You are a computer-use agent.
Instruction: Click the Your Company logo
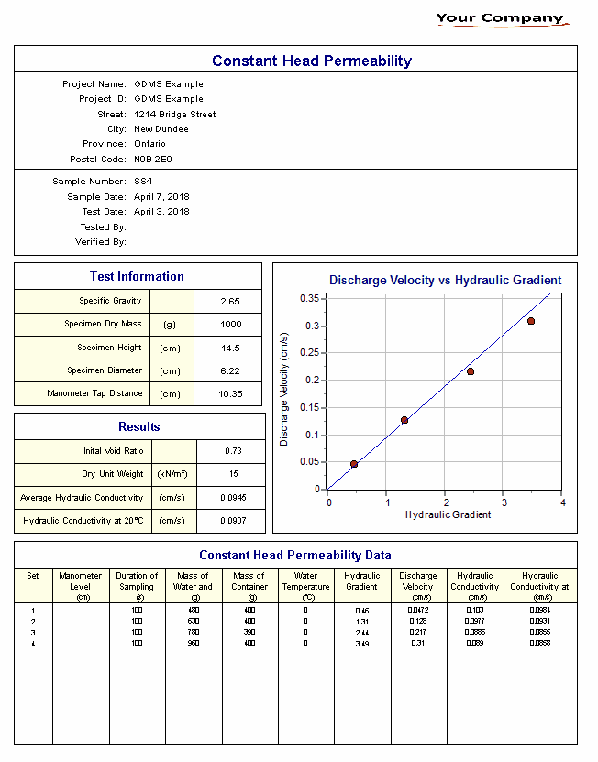pyautogui.click(x=501, y=18)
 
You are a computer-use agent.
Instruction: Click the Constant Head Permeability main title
pyautogui.click(x=312, y=61)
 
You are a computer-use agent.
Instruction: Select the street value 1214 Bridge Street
pyautogui.click(x=175, y=115)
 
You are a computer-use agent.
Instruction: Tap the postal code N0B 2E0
pyautogui.click(x=153, y=160)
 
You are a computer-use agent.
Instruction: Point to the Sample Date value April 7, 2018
pyautogui.click(x=162, y=197)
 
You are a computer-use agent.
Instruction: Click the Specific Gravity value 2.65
pyautogui.click(x=230, y=302)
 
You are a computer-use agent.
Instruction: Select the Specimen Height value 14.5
pyautogui.click(x=230, y=348)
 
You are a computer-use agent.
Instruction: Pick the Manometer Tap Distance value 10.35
pyautogui.click(x=230, y=394)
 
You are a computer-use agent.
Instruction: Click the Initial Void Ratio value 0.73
pyautogui.click(x=233, y=452)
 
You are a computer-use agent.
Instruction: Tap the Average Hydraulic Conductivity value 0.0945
pyautogui.click(x=233, y=498)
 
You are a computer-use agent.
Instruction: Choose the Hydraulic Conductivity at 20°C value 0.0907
pyautogui.click(x=233, y=521)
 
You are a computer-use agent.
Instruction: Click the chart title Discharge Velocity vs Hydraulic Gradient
pyautogui.click(x=445, y=281)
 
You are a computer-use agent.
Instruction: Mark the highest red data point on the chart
pyautogui.click(x=530, y=321)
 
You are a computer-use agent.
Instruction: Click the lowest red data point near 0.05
pyautogui.click(x=354, y=464)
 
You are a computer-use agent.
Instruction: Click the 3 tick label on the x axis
pyautogui.click(x=504, y=502)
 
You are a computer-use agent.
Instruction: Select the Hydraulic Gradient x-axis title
pyautogui.click(x=448, y=515)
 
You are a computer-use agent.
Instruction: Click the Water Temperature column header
pyautogui.click(x=305, y=581)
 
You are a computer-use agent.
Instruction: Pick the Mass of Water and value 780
pyautogui.click(x=194, y=632)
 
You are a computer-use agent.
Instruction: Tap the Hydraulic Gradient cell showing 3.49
pyautogui.click(x=361, y=644)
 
